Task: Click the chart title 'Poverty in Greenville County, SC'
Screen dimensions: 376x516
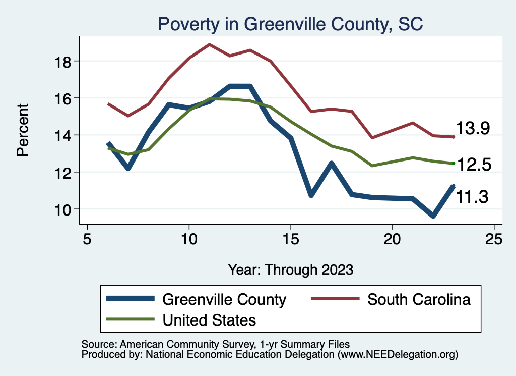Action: (291, 24)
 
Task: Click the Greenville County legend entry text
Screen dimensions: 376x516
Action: (224, 299)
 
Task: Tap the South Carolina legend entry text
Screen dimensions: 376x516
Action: (419, 299)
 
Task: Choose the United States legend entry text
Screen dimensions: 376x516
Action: (209, 319)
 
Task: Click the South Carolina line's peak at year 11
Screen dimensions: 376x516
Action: (210, 44)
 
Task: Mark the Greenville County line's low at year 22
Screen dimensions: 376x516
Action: (433, 216)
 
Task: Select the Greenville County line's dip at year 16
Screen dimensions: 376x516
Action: (311, 195)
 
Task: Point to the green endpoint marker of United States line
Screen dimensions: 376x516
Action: (454, 163)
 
